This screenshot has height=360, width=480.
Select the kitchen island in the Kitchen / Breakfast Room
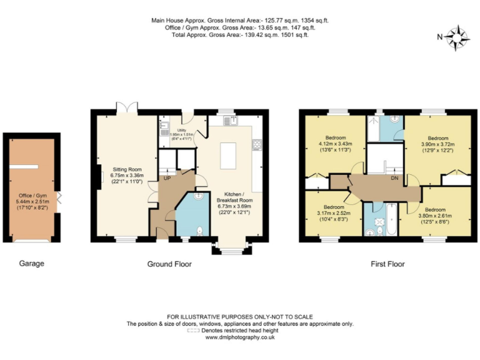click(x=229, y=154)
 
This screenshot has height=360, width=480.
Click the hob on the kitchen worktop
click(x=256, y=145)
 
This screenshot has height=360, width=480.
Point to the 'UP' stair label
click(x=166, y=178)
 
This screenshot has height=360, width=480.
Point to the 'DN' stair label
click(x=394, y=177)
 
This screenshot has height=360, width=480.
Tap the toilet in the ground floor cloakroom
click(x=199, y=231)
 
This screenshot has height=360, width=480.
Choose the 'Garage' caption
click(x=31, y=264)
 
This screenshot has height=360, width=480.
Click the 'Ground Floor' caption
click(x=169, y=264)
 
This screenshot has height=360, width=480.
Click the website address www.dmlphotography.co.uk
click(x=240, y=337)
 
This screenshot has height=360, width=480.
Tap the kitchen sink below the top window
click(x=233, y=121)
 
